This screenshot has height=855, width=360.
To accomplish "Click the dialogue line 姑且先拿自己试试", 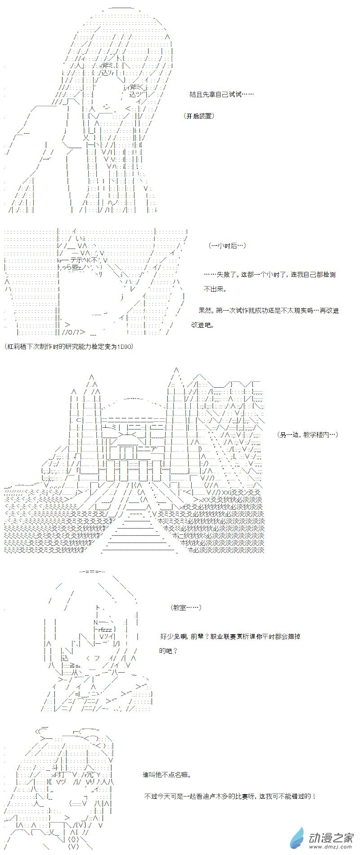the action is (x=221, y=95).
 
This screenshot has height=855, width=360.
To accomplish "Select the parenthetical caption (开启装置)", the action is (x=199, y=116).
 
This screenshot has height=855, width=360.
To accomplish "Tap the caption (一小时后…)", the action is (x=228, y=245).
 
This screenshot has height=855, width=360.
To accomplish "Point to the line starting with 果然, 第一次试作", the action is (x=269, y=310).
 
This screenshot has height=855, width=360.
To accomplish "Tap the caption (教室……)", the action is (x=186, y=607).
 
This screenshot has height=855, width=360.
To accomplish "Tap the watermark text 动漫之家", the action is (x=330, y=836).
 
